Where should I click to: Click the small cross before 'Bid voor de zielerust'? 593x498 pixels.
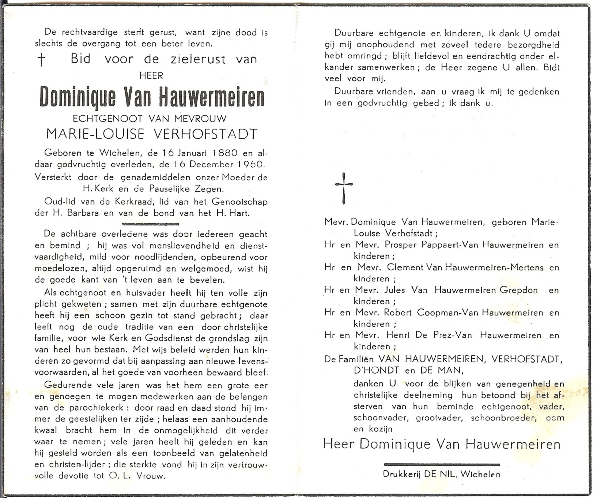pyautogui.click(x=42, y=60)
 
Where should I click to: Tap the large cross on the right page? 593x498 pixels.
pyautogui.click(x=344, y=188)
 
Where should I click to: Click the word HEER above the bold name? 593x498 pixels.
pyautogui.click(x=151, y=76)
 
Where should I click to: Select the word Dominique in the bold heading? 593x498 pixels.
pyautogui.click(x=78, y=98)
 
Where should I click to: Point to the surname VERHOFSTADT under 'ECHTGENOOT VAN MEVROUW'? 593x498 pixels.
pyautogui.click(x=205, y=134)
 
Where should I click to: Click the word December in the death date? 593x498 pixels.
pyautogui.click(x=209, y=164)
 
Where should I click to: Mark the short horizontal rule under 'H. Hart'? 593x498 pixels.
pyautogui.click(x=150, y=224)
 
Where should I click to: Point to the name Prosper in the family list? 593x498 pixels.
pyautogui.click(x=401, y=245)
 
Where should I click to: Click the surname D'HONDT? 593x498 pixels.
pyautogui.click(x=376, y=370)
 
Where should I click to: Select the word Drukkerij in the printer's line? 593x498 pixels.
pyautogui.click(x=402, y=474)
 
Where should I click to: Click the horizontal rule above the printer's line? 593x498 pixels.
pyautogui.click(x=442, y=464)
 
